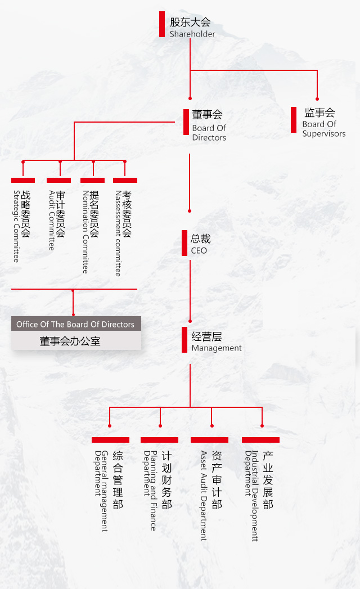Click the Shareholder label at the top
pyautogui.click(x=192, y=34)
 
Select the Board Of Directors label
pyautogui.click(x=209, y=133)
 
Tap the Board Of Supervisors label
pyautogui.click(x=323, y=129)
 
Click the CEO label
pyautogui.click(x=199, y=250)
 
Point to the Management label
pyautogui.click(x=217, y=348)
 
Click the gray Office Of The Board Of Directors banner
pyautogui.click(x=76, y=324)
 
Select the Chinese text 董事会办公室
pyautogui.click(x=70, y=341)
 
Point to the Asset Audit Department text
pyautogui.click(x=204, y=495)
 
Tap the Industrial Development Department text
pyautogui.click(x=251, y=495)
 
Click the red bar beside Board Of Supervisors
pyautogui.click(x=294, y=120)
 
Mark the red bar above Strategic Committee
pyautogui.click(x=23, y=180)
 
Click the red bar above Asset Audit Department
pyautogui.click(x=209, y=440)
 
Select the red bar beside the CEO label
pyautogui.click(x=184, y=243)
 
